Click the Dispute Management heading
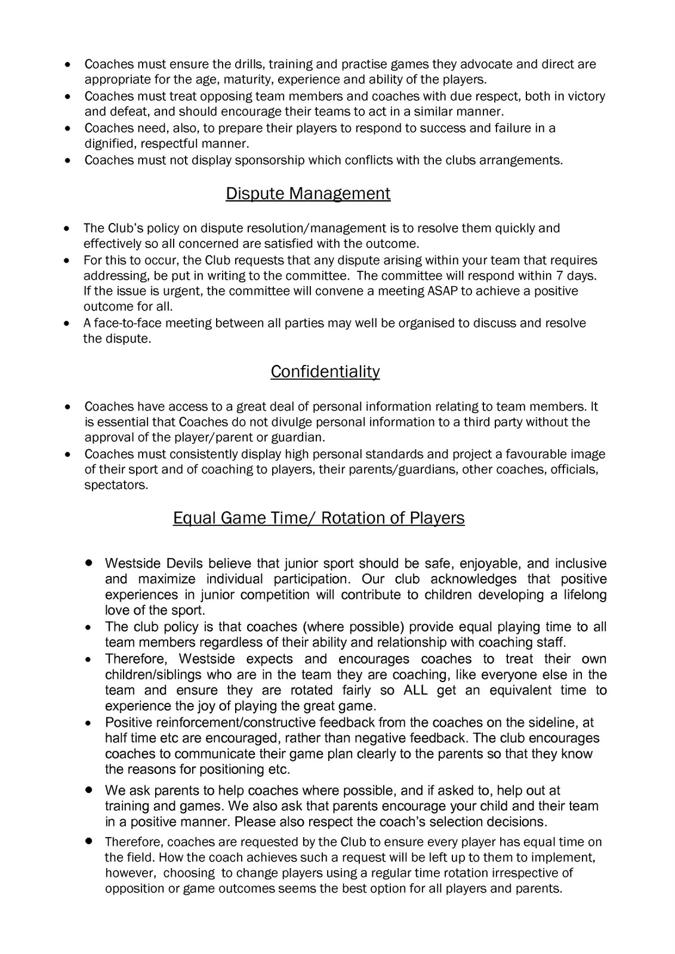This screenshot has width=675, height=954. [308, 194]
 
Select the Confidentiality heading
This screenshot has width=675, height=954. [325, 371]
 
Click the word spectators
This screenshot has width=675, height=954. [115, 485]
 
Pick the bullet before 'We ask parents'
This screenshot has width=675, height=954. [88, 789]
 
